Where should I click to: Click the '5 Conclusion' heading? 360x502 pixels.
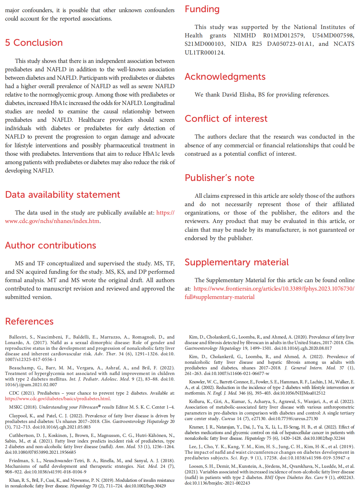click(x=34, y=43)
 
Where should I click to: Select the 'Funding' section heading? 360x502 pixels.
click(x=202, y=9)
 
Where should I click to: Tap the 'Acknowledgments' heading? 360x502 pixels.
click(x=225, y=77)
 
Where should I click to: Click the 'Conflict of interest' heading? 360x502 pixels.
click(x=226, y=119)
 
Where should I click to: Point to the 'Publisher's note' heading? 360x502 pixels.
click(x=219, y=178)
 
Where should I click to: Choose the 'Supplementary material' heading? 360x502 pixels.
click(x=237, y=262)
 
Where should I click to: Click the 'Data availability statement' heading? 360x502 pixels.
click(x=62, y=195)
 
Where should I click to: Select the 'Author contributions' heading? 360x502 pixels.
click(x=51, y=245)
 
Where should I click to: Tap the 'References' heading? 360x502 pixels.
click(x=30, y=321)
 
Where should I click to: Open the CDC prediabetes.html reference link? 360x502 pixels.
click(x=58, y=399)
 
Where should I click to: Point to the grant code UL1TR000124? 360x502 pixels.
click(x=204, y=52)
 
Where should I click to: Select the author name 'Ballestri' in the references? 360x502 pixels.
click(x=20, y=337)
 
